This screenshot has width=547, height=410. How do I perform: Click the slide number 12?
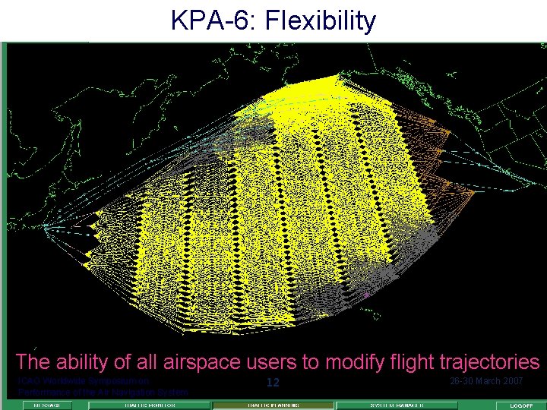click(273, 383)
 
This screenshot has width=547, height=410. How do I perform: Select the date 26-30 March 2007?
click(486, 380)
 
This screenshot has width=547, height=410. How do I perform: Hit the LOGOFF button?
click(520, 405)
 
